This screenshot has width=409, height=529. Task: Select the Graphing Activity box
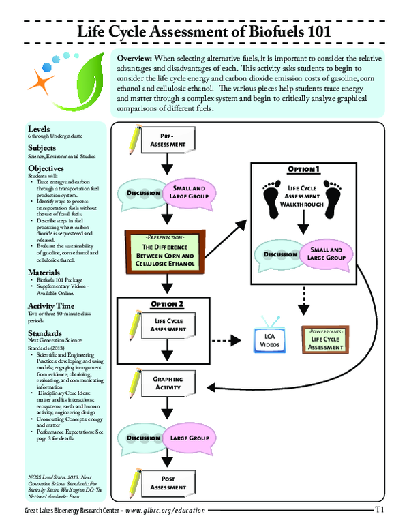[x=168, y=383]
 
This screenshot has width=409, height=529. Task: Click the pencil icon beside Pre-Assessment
[x=133, y=139]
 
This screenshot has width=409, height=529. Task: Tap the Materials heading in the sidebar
[x=46, y=273]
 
